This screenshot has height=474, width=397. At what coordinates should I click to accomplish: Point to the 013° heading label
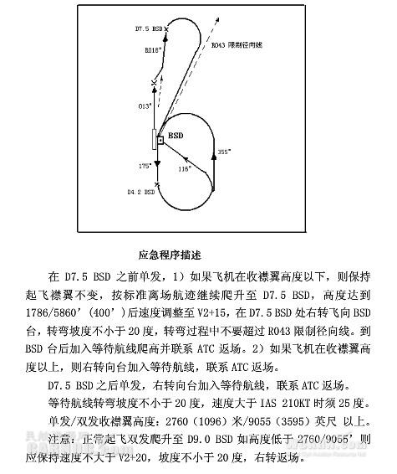point(145,107)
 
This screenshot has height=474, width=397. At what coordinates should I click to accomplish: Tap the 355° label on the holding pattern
point(223,152)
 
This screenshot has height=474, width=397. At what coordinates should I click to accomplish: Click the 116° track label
point(185,168)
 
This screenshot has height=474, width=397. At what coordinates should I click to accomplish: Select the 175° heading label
point(145,167)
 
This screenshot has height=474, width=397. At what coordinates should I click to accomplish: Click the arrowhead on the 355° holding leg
point(214,167)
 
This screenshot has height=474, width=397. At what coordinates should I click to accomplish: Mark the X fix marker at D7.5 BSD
point(166,29)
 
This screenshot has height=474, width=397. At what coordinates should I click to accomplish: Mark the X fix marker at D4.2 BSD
point(158,186)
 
